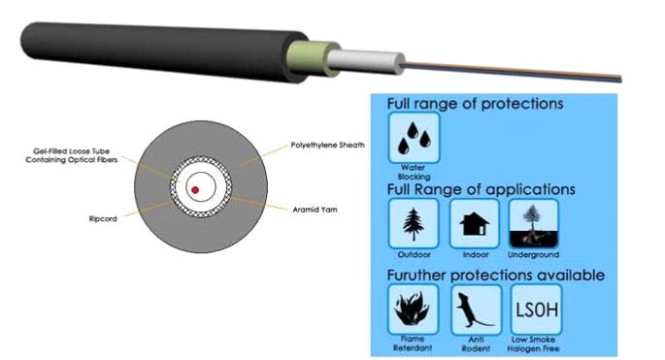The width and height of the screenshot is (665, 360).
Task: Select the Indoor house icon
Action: [474, 224]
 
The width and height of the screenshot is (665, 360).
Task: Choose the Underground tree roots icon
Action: [534, 224]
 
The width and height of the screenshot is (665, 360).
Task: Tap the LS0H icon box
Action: [538, 310]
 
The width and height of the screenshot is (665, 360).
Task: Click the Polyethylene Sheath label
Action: [327, 145]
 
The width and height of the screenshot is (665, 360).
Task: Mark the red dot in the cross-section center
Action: [196, 188]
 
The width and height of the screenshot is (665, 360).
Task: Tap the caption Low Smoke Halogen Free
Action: [537, 344]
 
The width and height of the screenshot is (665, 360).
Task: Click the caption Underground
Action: [534, 254]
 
